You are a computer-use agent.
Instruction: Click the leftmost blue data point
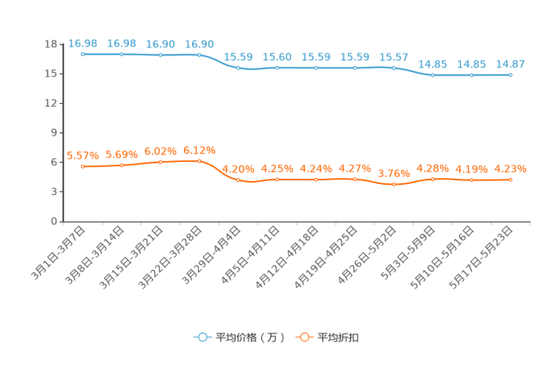pos(82,54)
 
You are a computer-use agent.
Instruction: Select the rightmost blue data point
pos(510,74)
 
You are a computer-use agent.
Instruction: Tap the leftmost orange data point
pos(82,166)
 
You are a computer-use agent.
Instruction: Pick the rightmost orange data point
pos(510,179)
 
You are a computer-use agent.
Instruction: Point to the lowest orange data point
pos(394,184)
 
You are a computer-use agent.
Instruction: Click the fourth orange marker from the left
pos(199,161)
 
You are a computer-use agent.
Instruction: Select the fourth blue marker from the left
pos(199,55)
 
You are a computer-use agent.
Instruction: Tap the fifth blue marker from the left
pos(238,68)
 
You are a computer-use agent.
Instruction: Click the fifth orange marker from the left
pos(238,179)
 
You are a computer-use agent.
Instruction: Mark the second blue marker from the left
pos(121,54)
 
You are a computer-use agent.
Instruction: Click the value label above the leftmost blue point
pos(82,43)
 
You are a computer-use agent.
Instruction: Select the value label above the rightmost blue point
pos(510,64)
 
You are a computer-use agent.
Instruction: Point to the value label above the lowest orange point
pos(394,173)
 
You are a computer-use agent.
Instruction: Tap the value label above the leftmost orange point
pos(82,155)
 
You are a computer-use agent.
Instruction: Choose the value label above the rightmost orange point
pos(510,168)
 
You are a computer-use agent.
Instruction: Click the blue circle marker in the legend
pos(202,337)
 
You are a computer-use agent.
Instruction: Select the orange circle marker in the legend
pos(303,337)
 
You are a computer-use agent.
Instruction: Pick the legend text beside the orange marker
pos(339,338)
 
